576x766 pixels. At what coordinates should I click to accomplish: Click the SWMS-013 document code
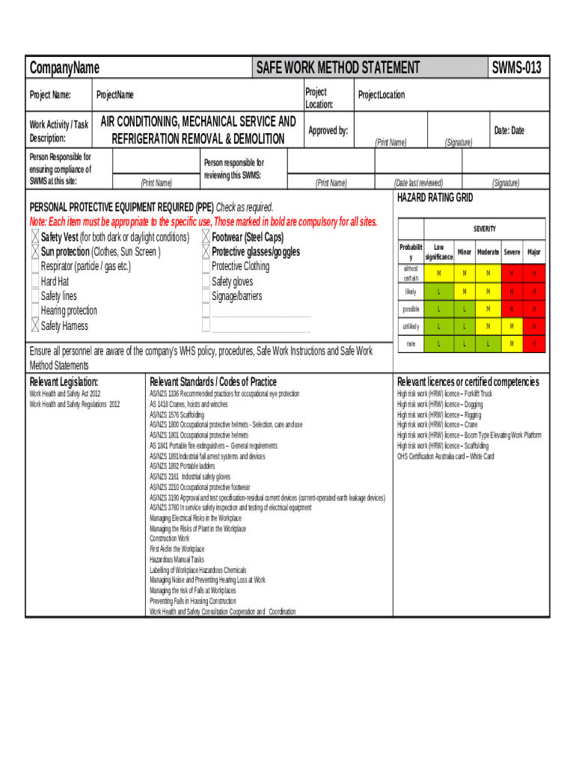[x=516, y=68]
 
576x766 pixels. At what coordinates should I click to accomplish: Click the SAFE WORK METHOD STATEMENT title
[x=337, y=68]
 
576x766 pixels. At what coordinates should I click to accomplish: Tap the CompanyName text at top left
[x=64, y=68]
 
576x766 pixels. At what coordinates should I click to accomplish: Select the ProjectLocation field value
[x=382, y=95]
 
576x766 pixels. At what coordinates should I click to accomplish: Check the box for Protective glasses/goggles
[x=206, y=252]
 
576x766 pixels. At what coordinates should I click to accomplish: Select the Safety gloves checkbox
[x=206, y=281]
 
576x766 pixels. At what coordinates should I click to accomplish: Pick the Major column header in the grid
[x=533, y=252]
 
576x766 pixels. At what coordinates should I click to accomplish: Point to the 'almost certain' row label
[x=411, y=273]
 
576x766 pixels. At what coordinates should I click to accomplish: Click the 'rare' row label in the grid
[x=411, y=343]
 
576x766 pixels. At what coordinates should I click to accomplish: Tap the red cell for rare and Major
[x=533, y=343]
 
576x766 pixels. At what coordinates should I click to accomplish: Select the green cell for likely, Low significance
[x=438, y=291]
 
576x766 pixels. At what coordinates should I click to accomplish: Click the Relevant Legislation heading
[x=64, y=382]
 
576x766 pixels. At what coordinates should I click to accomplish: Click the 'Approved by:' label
[x=328, y=131]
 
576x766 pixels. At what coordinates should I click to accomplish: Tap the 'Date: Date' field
[x=509, y=131]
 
